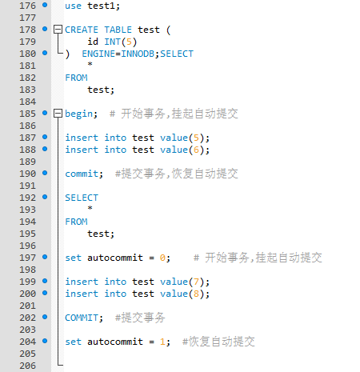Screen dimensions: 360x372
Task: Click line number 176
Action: (27, 6)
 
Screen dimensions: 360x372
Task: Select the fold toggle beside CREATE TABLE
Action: (58, 30)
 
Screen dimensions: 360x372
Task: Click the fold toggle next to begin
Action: (58, 114)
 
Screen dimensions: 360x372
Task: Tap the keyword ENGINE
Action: (98, 54)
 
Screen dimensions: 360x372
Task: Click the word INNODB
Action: (138, 54)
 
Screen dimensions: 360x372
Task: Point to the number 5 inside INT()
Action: (129, 42)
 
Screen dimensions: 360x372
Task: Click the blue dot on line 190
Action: (45, 173)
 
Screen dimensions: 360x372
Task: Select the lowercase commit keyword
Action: (82, 174)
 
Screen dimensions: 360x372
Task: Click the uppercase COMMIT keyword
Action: (82, 318)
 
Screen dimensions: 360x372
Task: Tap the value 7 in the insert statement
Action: (196, 282)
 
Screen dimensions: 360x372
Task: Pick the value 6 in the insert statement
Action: (196, 150)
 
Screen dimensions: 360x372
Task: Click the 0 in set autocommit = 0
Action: (162, 258)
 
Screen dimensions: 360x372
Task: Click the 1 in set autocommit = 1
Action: (162, 342)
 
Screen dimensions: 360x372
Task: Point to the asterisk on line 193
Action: (90, 208)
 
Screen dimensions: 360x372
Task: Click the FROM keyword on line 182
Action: (76, 78)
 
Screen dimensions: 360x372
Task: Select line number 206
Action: (27, 366)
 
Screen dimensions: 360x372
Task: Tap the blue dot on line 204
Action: (45, 341)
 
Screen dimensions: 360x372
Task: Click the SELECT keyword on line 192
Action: (82, 198)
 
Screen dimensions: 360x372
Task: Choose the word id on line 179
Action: (93, 42)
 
